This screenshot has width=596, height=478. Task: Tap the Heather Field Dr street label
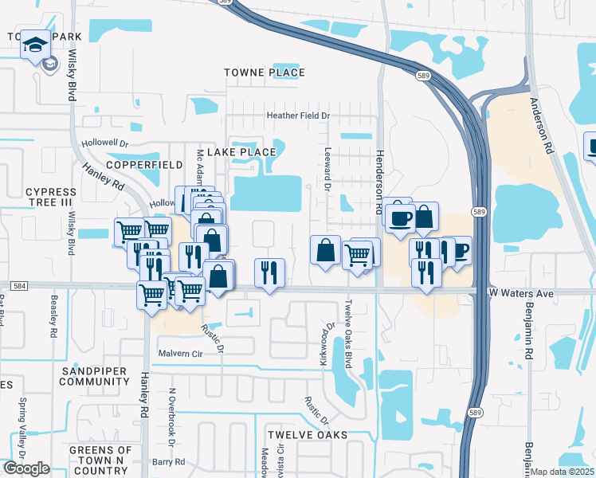click(x=297, y=116)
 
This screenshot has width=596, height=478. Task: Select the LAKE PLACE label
click(x=241, y=151)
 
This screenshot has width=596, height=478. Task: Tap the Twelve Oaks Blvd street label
click(x=348, y=323)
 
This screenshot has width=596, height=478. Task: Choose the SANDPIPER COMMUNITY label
click(x=94, y=376)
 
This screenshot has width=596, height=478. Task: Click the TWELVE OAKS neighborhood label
click(x=307, y=434)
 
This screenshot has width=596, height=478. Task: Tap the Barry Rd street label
click(x=168, y=461)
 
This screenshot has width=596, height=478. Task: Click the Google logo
click(x=26, y=468)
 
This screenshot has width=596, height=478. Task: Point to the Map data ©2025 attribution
click(x=562, y=472)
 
